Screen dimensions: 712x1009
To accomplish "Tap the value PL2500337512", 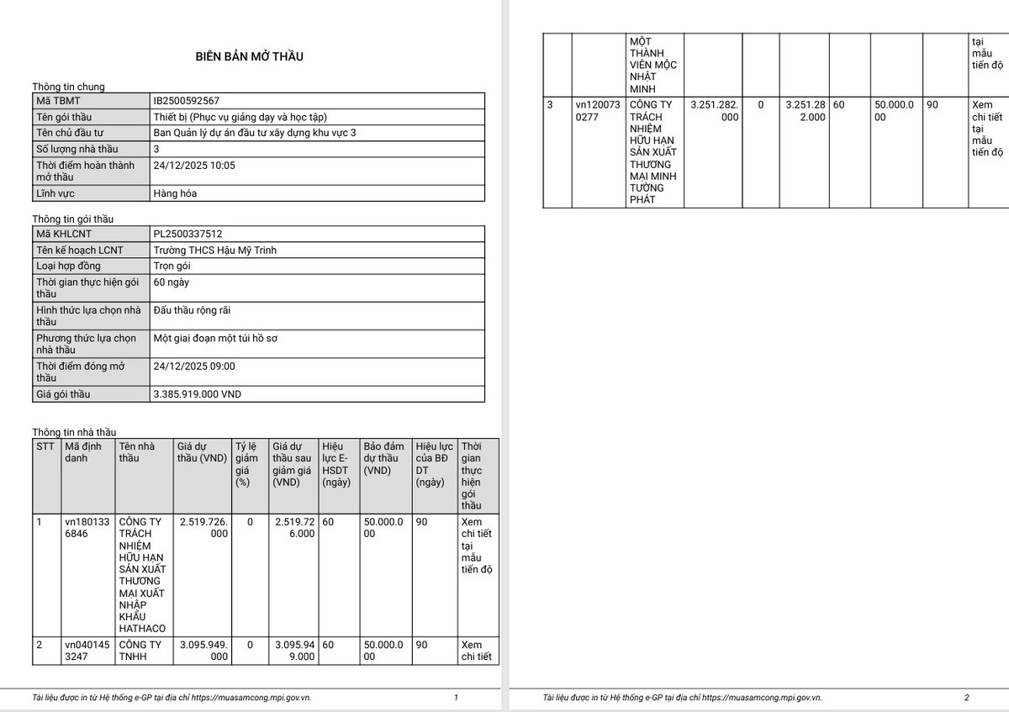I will click(x=188, y=234).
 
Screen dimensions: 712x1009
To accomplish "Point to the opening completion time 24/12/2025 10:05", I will click(x=194, y=166).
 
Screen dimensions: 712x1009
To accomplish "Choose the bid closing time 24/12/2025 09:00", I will click(x=194, y=367).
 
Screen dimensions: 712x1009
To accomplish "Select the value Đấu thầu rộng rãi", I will click(x=192, y=310).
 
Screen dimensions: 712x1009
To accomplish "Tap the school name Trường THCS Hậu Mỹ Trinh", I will click(x=214, y=250).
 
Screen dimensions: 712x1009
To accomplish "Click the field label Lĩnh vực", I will click(x=55, y=194).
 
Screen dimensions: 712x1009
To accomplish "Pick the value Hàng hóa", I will click(x=175, y=193).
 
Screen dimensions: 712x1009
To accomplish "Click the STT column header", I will click(x=45, y=446).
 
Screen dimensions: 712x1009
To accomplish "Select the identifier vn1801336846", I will click(x=87, y=528).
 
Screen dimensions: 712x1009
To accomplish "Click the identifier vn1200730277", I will click(x=598, y=111).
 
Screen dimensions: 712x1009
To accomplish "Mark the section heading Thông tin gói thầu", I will click(x=72, y=219).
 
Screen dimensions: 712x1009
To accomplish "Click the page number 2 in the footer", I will click(x=966, y=697).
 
